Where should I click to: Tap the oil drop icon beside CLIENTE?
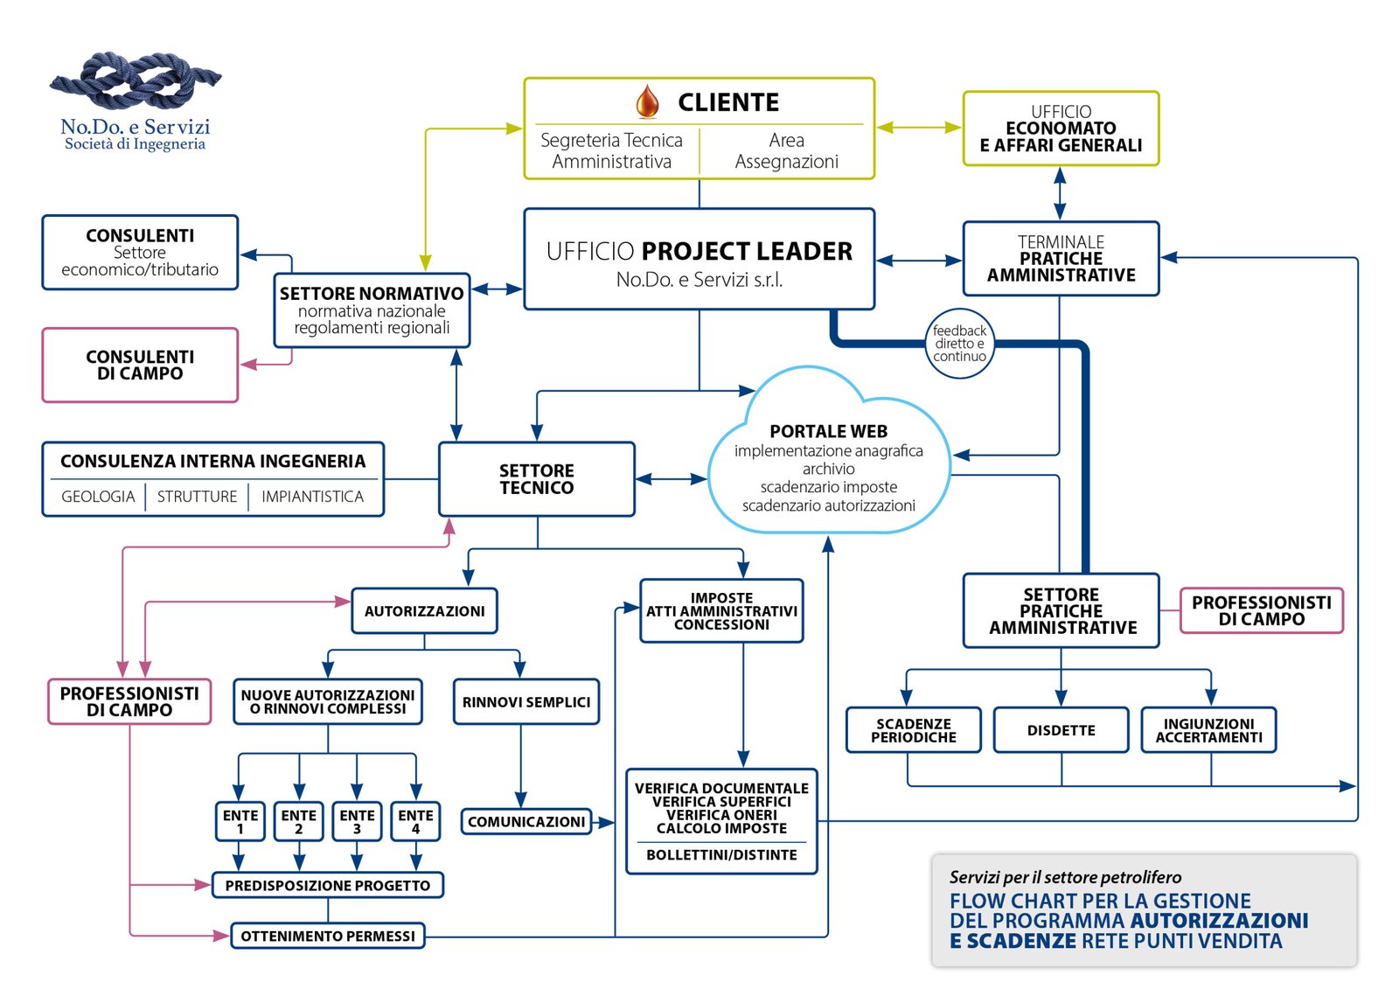[x=647, y=101]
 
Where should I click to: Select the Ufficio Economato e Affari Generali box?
[x=1061, y=129]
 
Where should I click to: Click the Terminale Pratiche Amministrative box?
[x=1061, y=259]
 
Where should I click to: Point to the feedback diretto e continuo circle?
[x=959, y=344]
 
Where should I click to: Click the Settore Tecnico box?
[x=536, y=479]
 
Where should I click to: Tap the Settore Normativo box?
[x=372, y=310]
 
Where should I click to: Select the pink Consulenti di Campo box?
[x=140, y=365]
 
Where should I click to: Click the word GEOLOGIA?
[x=98, y=497]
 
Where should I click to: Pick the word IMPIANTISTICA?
[x=312, y=497]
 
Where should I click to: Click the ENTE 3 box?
[x=357, y=821]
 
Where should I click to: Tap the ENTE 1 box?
[x=240, y=821]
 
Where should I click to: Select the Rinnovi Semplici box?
[x=525, y=702]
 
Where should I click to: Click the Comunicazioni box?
[x=525, y=822]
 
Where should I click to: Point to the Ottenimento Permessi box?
[x=328, y=936]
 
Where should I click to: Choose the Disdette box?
[x=1061, y=730]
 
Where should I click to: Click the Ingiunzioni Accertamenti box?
[x=1208, y=730]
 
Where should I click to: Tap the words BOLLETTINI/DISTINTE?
[x=721, y=855]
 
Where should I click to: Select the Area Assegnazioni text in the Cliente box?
[x=786, y=150]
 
